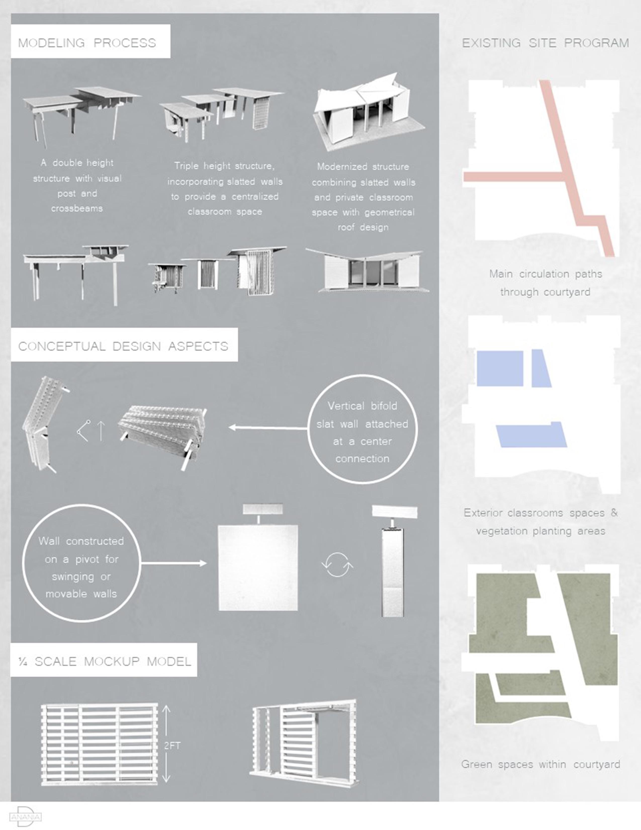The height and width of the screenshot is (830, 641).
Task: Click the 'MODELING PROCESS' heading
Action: coord(87,43)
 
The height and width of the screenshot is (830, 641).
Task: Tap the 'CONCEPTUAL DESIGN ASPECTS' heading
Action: coord(123,346)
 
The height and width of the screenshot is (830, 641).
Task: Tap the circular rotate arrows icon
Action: coord(337,565)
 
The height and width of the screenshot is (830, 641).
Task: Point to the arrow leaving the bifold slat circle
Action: coord(268,428)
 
